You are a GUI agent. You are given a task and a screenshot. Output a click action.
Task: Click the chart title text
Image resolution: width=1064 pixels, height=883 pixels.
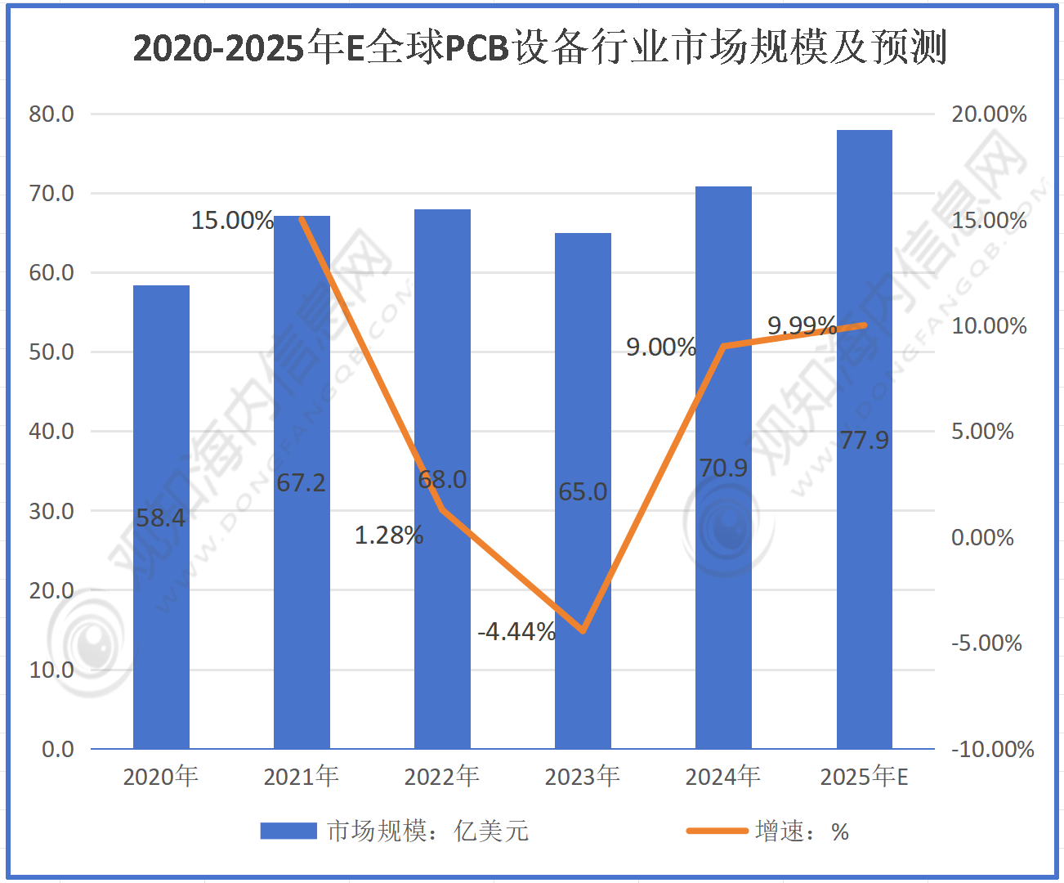(539, 47)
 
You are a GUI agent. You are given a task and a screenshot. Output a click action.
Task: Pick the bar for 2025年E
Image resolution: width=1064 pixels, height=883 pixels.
(864, 572)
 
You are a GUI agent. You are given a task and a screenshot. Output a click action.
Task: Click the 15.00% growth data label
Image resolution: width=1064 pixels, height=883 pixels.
(232, 220)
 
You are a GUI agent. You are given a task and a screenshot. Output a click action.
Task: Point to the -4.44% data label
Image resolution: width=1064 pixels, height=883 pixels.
(516, 631)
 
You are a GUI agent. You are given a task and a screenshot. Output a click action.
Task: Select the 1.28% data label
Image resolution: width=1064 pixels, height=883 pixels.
(389, 536)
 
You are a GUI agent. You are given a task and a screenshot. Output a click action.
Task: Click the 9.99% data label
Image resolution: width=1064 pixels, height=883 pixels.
(802, 325)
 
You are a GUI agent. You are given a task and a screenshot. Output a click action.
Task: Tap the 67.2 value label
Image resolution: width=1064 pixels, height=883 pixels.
(301, 482)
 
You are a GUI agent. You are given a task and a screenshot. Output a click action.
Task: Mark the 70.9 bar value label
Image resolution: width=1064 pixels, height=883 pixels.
(723, 468)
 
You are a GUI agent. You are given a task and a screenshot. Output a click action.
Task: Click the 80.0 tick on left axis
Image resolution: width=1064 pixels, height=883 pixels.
(51, 114)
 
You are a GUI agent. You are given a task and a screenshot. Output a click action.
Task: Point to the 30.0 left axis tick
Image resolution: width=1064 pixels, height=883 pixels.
(51, 511)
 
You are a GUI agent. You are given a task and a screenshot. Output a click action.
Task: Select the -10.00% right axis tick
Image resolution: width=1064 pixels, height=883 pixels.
(992, 749)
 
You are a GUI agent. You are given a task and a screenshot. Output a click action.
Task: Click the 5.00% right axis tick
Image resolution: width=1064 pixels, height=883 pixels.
(982, 432)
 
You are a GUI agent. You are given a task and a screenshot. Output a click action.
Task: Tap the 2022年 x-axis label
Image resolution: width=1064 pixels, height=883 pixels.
(441, 776)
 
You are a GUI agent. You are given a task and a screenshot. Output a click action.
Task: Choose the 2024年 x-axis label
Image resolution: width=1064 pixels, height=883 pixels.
(722, 776)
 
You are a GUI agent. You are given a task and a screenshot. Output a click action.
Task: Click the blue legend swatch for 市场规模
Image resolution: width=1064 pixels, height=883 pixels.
(288, 831)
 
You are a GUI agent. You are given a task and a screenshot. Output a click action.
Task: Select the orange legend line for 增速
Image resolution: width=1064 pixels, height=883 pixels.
(717, 831)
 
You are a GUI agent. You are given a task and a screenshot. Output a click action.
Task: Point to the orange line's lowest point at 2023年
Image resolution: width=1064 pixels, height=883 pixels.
(583, 631)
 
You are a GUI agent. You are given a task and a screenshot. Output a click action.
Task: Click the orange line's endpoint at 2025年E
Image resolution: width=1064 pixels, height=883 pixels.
(864, 325)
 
